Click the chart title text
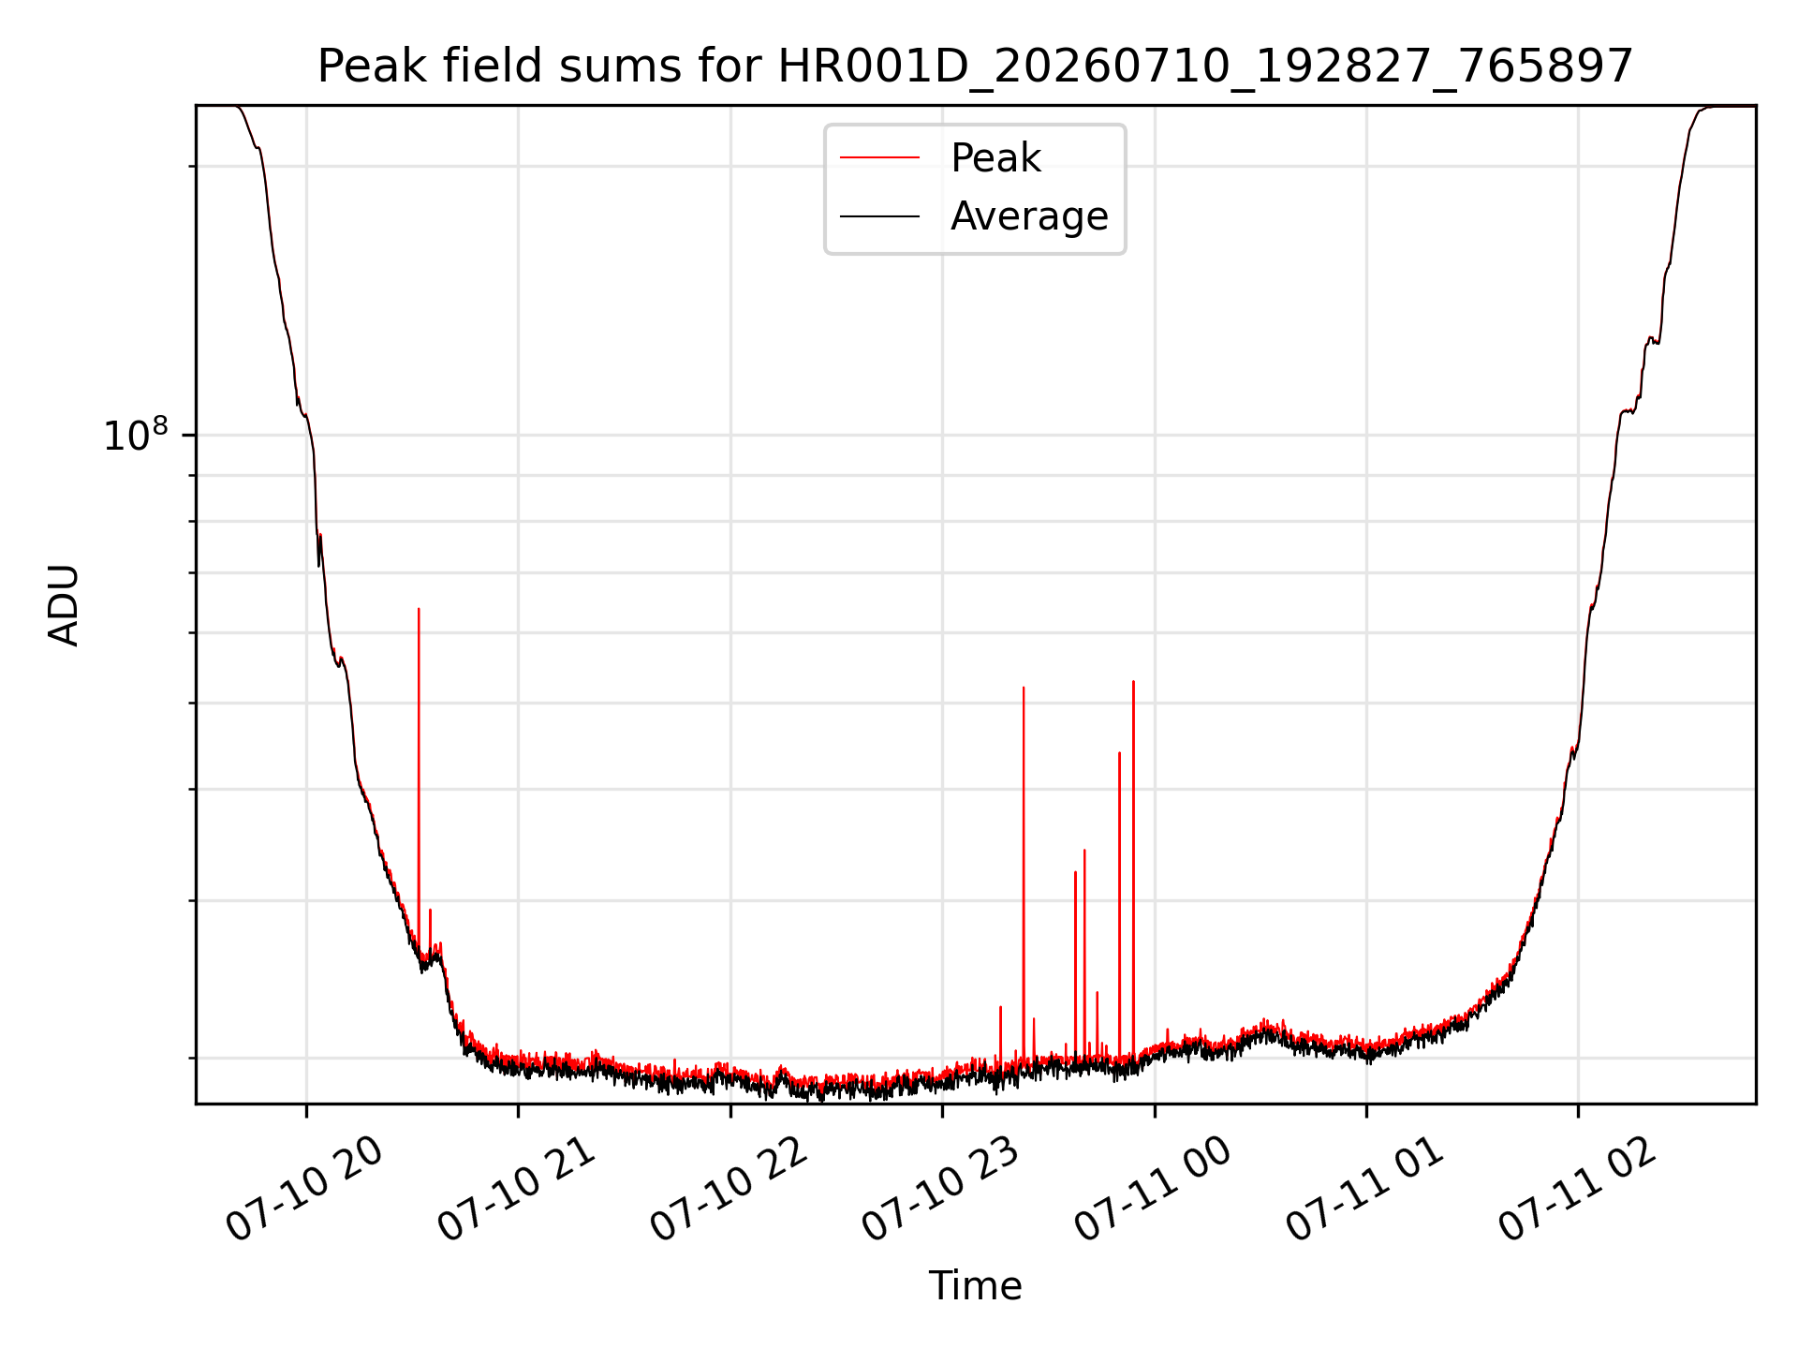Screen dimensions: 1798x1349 975,67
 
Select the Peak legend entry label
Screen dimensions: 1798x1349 995,158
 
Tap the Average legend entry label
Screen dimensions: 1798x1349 1029,216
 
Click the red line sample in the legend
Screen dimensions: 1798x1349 880,158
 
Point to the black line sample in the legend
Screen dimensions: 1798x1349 880,216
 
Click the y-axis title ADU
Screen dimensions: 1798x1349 64,605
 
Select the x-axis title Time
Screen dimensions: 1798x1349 975,1286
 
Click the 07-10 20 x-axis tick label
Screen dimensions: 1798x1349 305,1190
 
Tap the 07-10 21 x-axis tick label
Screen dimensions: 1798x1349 517,1190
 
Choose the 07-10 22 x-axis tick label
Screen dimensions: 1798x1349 730,1190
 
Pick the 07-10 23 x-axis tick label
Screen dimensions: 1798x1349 941,1190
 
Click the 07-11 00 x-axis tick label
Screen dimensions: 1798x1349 1154,1190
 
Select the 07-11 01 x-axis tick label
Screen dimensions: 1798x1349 1365,1190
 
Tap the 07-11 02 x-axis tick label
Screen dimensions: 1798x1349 1578,1190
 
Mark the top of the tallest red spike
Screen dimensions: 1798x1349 419,609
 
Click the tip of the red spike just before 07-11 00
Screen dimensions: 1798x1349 1133,681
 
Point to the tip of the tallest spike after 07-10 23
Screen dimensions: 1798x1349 1133,681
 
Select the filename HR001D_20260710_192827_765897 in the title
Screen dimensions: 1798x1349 1206,67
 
